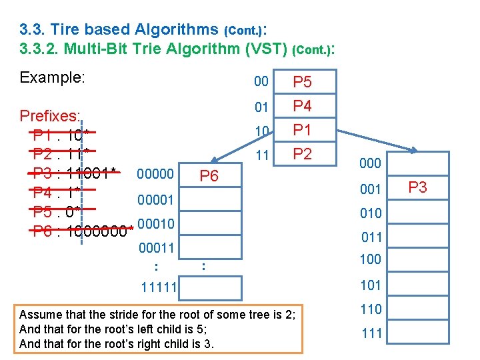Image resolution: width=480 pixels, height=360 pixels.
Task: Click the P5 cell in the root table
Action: [x=303, y=82]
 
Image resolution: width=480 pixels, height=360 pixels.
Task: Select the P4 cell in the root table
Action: [x=303, y=106]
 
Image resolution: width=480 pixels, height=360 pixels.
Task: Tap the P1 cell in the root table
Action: [x=303, y=130]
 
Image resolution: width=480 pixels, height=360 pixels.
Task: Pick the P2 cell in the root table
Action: [x=303, y=154]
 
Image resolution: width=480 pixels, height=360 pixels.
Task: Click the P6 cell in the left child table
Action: [x=209, y=176]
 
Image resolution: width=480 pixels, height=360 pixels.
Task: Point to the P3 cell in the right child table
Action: [x=417, y=188]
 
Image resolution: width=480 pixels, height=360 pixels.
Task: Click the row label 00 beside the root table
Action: [x=261, y=82]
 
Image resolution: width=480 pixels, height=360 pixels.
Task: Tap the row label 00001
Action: [x=155, y=200]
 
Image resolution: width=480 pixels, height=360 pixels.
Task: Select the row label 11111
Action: [x=159, y=287]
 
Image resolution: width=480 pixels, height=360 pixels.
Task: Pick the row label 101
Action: [x=371, y=285]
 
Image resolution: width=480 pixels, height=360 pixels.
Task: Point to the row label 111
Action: [x=371, y=333]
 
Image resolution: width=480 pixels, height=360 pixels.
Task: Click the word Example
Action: [x=53, y=77]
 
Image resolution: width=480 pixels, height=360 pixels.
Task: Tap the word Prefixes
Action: [x=51, y=116]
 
